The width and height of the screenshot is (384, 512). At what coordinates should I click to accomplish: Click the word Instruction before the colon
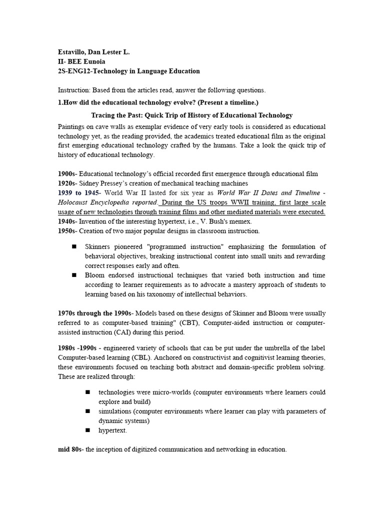(74, 90)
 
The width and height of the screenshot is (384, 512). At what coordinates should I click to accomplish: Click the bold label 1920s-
(68, 183)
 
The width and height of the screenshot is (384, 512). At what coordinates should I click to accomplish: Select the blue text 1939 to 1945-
(79, 192)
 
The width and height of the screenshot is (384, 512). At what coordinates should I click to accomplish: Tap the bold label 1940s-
(68, 221)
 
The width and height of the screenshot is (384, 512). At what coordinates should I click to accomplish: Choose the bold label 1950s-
(68, 230)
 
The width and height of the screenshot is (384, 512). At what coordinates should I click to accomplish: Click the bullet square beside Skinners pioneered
(74, 246)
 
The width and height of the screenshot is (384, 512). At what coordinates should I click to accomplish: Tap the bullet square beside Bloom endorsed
(74, 274)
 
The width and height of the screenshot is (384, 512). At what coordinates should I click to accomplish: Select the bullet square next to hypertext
(87, 429)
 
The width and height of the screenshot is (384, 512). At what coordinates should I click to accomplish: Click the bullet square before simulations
(87, 410)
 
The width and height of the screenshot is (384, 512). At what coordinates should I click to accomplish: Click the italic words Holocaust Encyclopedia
(100, 202)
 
